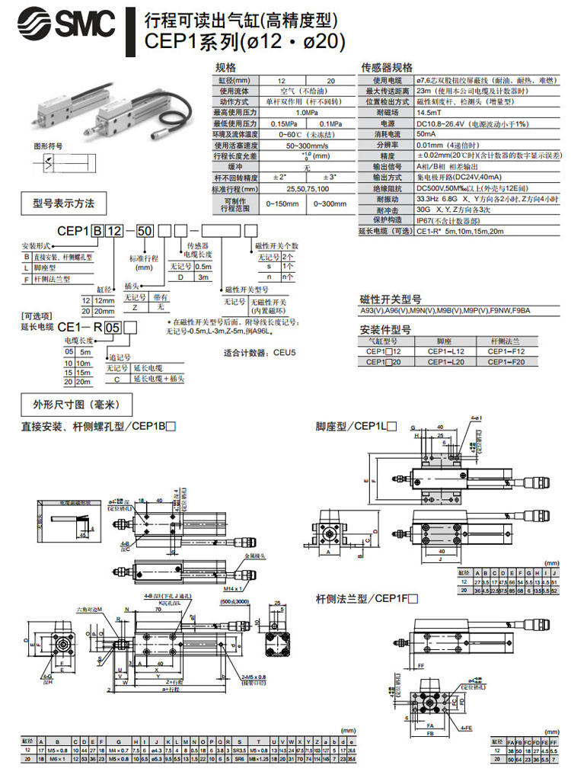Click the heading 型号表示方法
(x=64, y=203)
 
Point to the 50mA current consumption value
(x=426, y=133)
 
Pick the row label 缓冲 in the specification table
(x=235, y=166)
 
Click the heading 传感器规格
(x=386, y=68)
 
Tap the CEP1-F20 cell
(x=508, y=361)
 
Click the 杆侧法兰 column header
(x=508, y=341)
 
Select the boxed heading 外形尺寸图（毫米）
(x=75, y=403)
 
